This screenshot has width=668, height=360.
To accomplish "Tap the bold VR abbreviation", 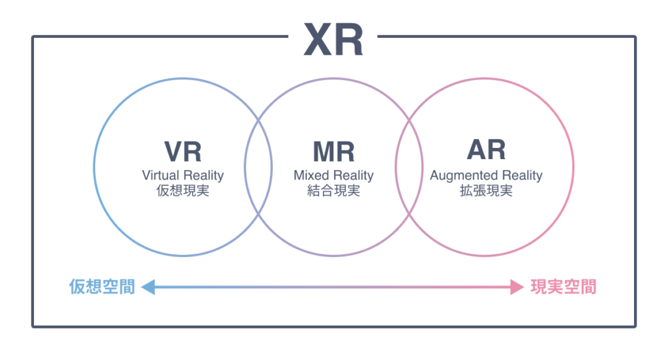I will click(x=183, y=151).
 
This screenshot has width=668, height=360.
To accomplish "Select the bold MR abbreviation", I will click(x=333, y=151).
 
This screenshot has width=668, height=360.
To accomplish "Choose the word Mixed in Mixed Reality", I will click(x=311, y=175).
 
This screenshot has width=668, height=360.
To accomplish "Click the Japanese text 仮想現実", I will click(x=183, y=192).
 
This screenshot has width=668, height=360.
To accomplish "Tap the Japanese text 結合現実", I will click(x=333, y=192).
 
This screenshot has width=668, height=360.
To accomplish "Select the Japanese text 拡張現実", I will click(x=486, y=192).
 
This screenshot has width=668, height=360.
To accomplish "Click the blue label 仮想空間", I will click(x=102, y=286).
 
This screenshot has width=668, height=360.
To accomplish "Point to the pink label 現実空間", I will click(x=563, y=286).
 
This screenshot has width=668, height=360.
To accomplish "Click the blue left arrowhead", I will click(x=147, y=286).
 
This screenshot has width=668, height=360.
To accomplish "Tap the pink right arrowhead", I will click(x=517, y=286).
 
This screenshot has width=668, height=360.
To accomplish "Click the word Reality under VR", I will click(x=204, y=175).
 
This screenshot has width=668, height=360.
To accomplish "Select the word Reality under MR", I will click(x=353, y=175).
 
